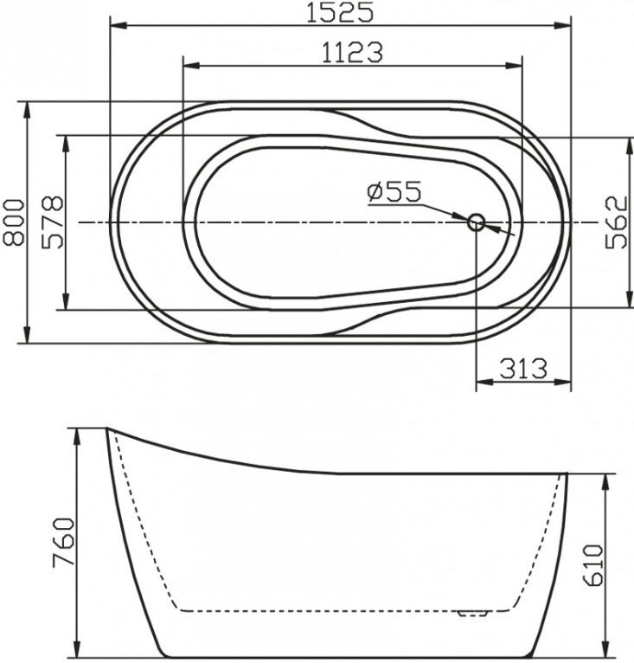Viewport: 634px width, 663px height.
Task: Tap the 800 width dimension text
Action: pyautogui.click(x=13, y=222)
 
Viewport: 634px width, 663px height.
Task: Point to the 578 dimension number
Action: pyautogui.click(x=51, y=222)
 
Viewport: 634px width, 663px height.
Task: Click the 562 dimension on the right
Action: pyautogui.click(x=615, y=222)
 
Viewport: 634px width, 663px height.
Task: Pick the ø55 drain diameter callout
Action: pyautogui.click(x=393, y=191)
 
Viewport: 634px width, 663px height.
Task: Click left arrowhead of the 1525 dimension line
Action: pyautogui.click(x=115, y=26)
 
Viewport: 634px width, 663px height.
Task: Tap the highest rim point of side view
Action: pyautogui.click(x=107, y=428)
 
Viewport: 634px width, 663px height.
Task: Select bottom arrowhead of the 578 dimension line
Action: pyautogui.click(x=66, y=304)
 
